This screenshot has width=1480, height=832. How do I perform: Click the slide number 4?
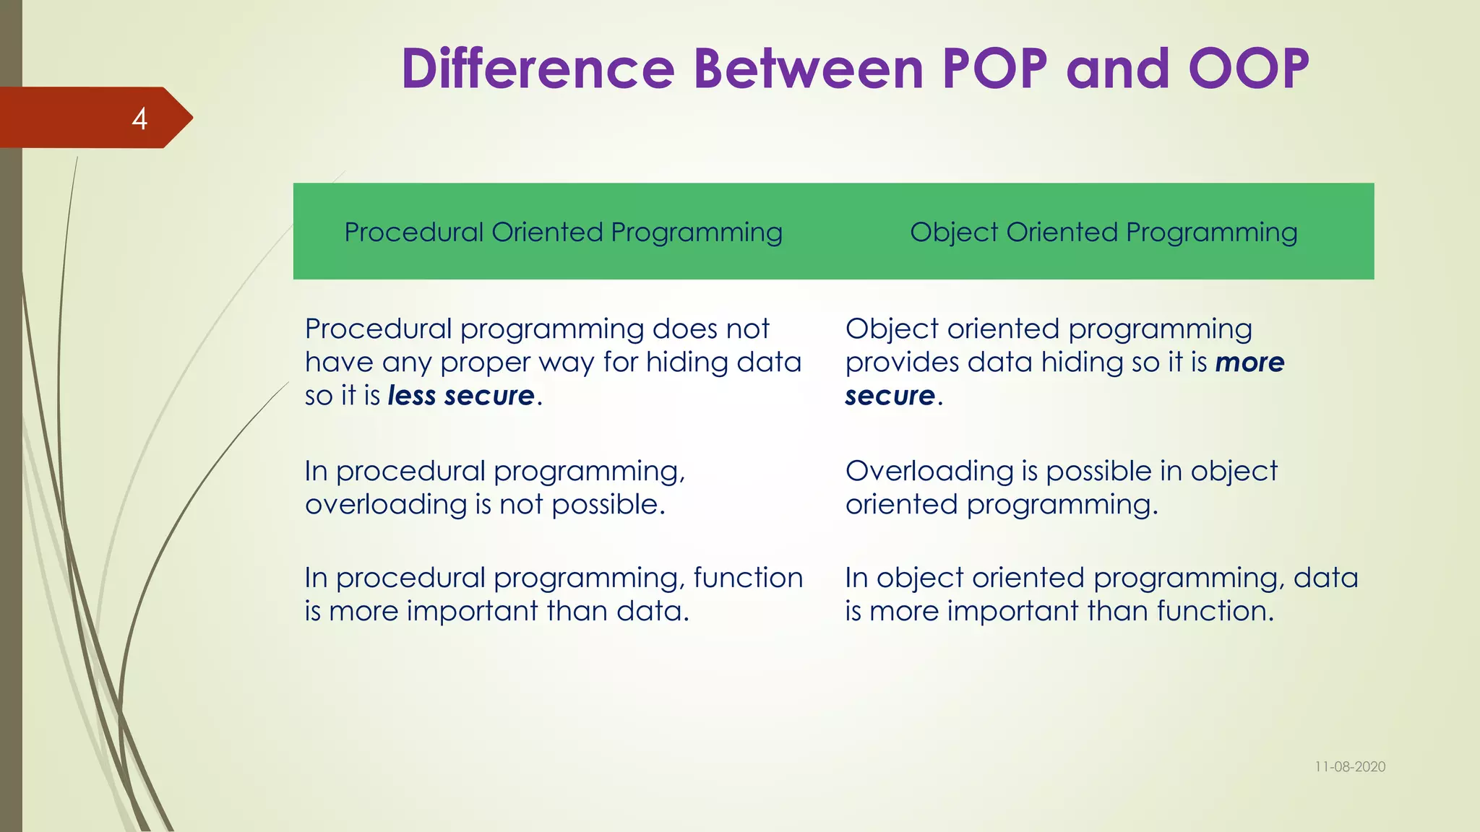click(x=139, y=118)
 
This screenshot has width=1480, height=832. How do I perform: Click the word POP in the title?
click(x=994, y=69)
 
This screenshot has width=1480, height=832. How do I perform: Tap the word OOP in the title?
click(x=1248, y=69)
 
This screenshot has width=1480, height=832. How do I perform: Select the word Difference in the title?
click(x=538, y=69)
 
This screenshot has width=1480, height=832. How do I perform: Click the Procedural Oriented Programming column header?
click(x=563, y=233)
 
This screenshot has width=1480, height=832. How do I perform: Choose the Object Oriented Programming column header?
click(x=1103, y=233)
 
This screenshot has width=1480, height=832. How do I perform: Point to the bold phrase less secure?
click(x=461, y=396)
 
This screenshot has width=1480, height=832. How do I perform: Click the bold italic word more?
click(x=1249, y=363)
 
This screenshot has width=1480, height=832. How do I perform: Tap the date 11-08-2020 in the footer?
click(x=1349, y=767)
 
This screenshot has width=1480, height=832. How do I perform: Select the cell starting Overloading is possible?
click(x=1061, y=488)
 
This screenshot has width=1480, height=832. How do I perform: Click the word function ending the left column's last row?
click(x=748, y=578)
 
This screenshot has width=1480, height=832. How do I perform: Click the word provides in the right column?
click(x=902, y=363)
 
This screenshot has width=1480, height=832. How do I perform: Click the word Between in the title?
click(x=809, y=69)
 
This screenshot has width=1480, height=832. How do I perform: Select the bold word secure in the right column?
click(x=890, y=396)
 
